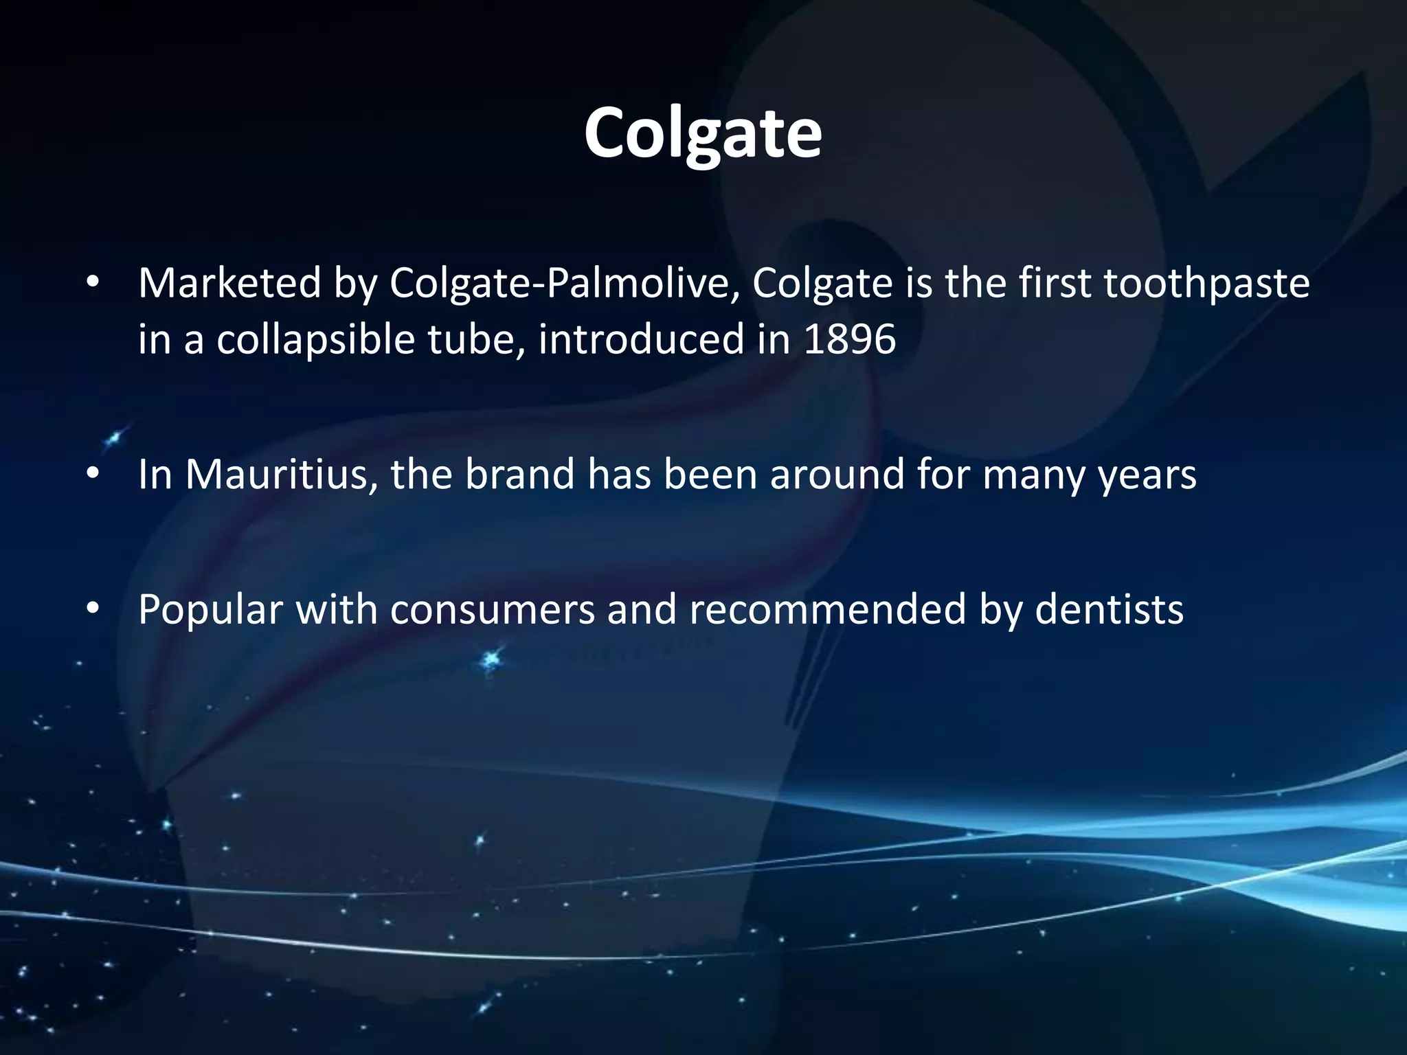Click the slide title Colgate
click(x=702, y=133)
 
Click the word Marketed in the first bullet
click(x=229, y=283)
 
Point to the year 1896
click(x=849, y=339)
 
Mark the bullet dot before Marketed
click(x=93, y=284)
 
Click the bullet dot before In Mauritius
click(x=93, y=475)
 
